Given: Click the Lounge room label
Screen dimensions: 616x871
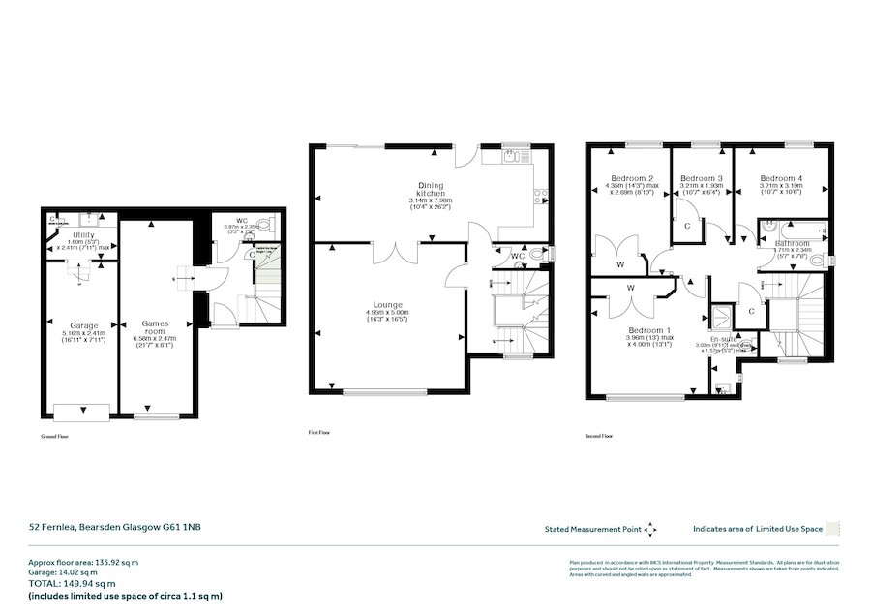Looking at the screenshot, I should coord(386,302).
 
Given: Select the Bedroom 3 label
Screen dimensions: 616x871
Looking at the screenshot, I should coord(702,178).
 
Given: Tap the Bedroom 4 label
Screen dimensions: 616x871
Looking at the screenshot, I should coord(780,178).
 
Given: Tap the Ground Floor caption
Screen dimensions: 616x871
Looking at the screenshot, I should coord(55,437).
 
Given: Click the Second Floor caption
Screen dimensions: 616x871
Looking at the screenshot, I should coord(599,437).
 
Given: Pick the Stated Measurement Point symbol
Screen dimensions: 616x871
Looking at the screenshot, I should coord(650,529).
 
